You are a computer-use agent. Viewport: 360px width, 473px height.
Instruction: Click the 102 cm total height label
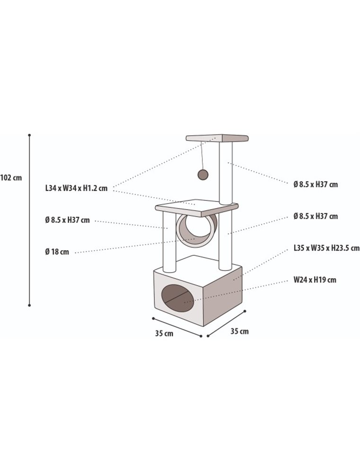[x=11, y=178]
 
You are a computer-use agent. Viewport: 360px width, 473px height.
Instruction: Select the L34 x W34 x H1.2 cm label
[x=76, y=188]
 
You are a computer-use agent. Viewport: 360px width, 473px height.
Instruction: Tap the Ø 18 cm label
[x=57, y=252]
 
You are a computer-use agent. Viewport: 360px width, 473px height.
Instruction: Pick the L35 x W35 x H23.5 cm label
[x=326, y=248]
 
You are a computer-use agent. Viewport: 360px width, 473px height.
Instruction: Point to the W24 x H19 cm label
[x=315, y=280]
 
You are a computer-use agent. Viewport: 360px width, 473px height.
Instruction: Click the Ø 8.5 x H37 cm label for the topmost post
[x=316, y=184]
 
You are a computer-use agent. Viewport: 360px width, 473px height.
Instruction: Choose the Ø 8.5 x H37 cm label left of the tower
[x=67, y=220]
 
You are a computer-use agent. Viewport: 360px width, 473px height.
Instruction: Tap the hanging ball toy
[x=203, y=174]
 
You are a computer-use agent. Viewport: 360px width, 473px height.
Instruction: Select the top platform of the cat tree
[x=217, y=138]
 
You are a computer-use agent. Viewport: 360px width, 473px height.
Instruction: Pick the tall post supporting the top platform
[x=226, y=173]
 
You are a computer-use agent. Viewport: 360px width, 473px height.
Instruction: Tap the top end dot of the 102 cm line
[x=29, y=135]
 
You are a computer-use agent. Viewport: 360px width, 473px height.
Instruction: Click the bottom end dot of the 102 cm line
[x=29, y=306]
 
